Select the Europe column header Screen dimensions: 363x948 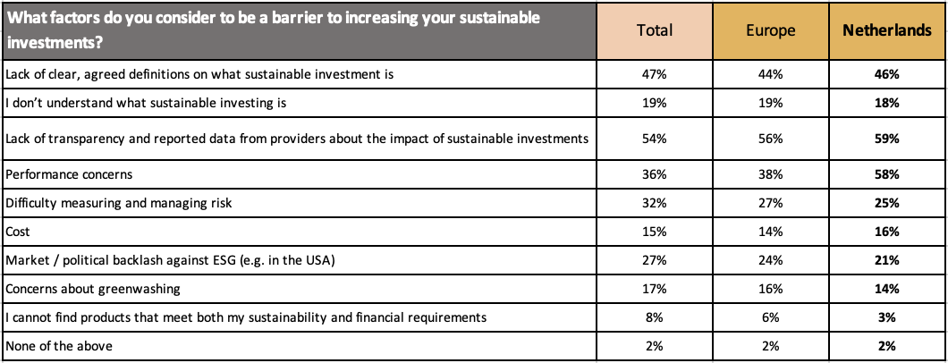pos(770,30)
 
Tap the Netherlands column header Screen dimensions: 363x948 pos(885,30)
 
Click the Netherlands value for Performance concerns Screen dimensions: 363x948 pos(885,175)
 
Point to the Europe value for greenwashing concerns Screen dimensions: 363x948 pos(770,288)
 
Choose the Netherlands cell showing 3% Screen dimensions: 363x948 pos(885,317)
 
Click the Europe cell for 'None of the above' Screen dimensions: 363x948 pos(770,345)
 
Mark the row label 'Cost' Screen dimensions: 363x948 pos(18,232)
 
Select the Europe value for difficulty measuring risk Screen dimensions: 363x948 pos(770,203)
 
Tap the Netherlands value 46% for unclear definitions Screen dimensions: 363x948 pos(885,74)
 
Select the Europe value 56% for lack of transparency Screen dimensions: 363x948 pos(770,139)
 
